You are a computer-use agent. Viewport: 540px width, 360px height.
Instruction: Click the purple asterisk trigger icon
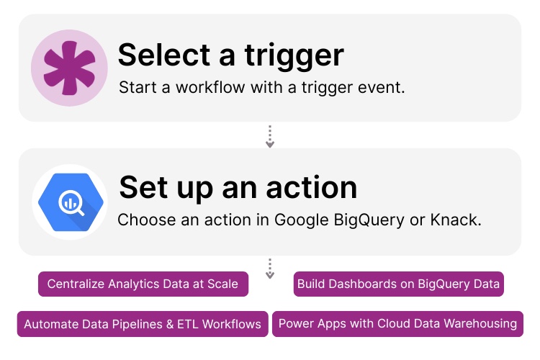click(x=69, y=68)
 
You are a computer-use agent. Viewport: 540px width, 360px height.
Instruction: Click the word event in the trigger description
click(x=384, y=88)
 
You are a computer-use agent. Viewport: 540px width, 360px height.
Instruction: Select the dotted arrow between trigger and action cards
click(x=270, y=136)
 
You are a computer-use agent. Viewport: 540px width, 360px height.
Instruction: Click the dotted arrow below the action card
click(x=270, y=269)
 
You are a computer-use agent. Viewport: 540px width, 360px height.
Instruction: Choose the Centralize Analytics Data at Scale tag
click(x=143, y=284)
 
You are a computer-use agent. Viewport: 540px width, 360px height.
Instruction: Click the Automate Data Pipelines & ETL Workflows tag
click(x=143, y=324)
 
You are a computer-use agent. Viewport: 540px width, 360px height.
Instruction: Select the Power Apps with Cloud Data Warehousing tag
click(x=397, y=324)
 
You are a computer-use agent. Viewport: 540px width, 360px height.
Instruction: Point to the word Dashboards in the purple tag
click(x=361, y=284)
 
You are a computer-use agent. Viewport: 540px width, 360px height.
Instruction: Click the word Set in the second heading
click(x=143, y=187)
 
